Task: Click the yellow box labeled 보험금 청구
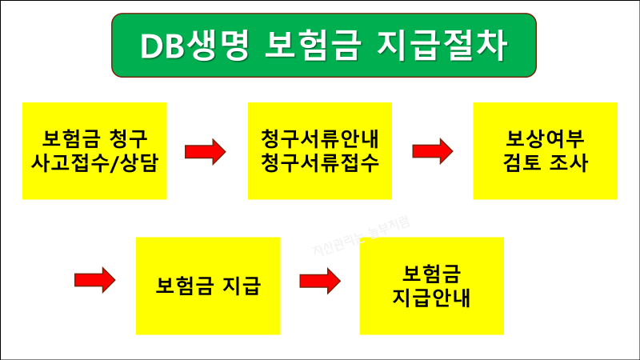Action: coord(94,150)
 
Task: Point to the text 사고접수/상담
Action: coord(94,163)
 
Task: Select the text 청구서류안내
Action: coord(319,138)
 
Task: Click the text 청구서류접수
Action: coord(319,163)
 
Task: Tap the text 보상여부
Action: coord(545,138)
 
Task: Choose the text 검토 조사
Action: coord(545,163)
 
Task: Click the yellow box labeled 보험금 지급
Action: coord(208,286)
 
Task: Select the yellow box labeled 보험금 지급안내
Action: coord(431,286)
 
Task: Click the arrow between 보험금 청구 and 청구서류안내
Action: coord(206,151)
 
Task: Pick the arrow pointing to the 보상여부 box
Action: coord(432,151)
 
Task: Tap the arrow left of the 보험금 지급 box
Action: coord(95,280)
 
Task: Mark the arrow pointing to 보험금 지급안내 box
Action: coord(320,280)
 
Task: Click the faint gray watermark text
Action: coord(360,238)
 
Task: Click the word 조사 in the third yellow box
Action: coord(569,163)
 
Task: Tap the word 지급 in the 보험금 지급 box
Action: coord(242,286)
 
